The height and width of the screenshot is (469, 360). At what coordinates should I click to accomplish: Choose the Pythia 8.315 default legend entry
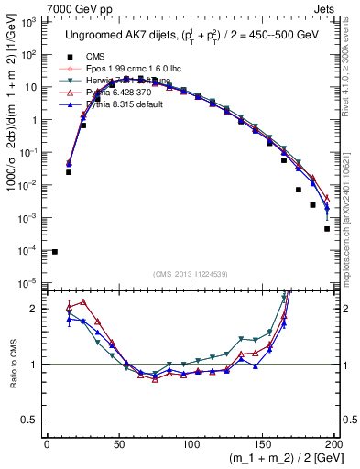click(x=114, y=104)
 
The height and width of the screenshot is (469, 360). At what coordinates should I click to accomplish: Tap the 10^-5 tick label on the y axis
click(x=30, y=283)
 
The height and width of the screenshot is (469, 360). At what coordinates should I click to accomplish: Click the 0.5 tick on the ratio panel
click(x=33, y=420)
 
